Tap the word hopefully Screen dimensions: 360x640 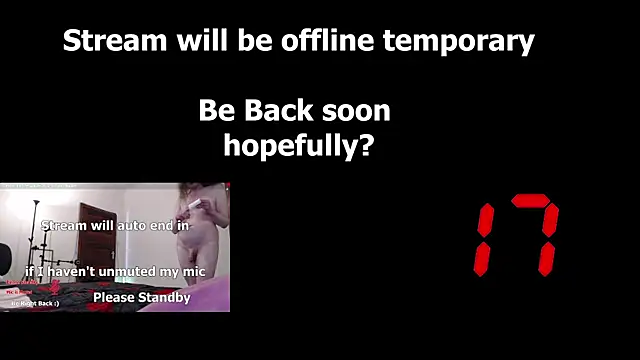coord(286,146)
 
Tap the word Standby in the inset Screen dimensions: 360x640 coord(163,297)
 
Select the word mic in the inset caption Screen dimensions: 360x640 coord(196,272)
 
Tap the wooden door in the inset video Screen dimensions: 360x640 coord(97,240)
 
